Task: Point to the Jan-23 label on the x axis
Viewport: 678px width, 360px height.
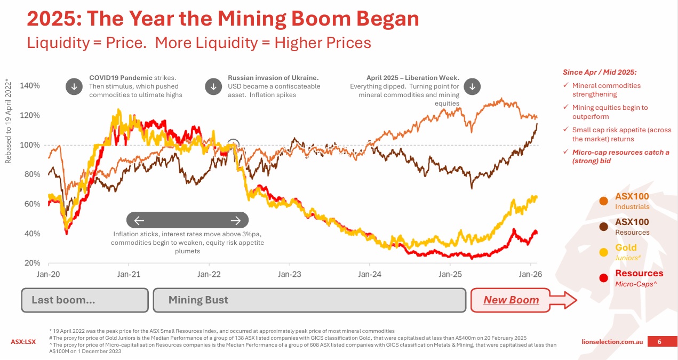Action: (290, 274)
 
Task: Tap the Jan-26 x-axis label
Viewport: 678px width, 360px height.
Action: (530, 274)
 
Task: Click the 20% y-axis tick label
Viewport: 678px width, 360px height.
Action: (30, 263)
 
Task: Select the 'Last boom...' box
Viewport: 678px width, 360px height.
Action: (84, 300)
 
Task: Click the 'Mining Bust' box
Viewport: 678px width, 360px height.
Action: (309, 300)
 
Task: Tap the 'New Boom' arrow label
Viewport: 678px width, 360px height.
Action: (511, 300)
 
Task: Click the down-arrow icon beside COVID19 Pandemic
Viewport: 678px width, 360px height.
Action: (73, 86)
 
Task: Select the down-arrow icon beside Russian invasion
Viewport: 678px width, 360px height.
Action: (213, 86)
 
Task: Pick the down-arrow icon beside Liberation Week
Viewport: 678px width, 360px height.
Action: (472, 86)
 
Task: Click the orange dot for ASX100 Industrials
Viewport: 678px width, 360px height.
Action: (603, 201)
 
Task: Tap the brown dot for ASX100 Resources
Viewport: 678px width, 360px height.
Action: (603, 227)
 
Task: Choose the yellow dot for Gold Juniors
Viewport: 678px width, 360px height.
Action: (603, 252)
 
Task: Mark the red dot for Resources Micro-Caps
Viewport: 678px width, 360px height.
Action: (603, 278)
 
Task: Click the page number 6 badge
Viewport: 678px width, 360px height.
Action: (659, 341)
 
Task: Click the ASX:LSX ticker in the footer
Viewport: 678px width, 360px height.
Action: (23, 341)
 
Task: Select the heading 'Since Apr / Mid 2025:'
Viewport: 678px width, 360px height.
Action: (600, 72)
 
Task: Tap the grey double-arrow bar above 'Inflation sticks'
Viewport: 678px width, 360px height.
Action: (187, 220)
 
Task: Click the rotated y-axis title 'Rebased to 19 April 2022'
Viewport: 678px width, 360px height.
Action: (8, 120)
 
